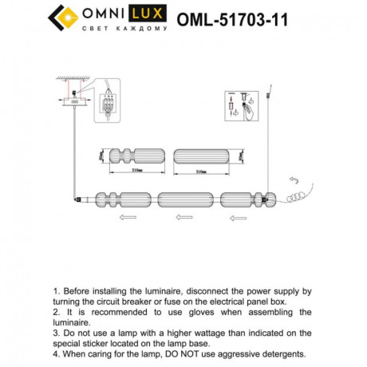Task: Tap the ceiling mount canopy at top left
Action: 73,101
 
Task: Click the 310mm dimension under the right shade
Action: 202,171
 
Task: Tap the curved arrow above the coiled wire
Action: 292,181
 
